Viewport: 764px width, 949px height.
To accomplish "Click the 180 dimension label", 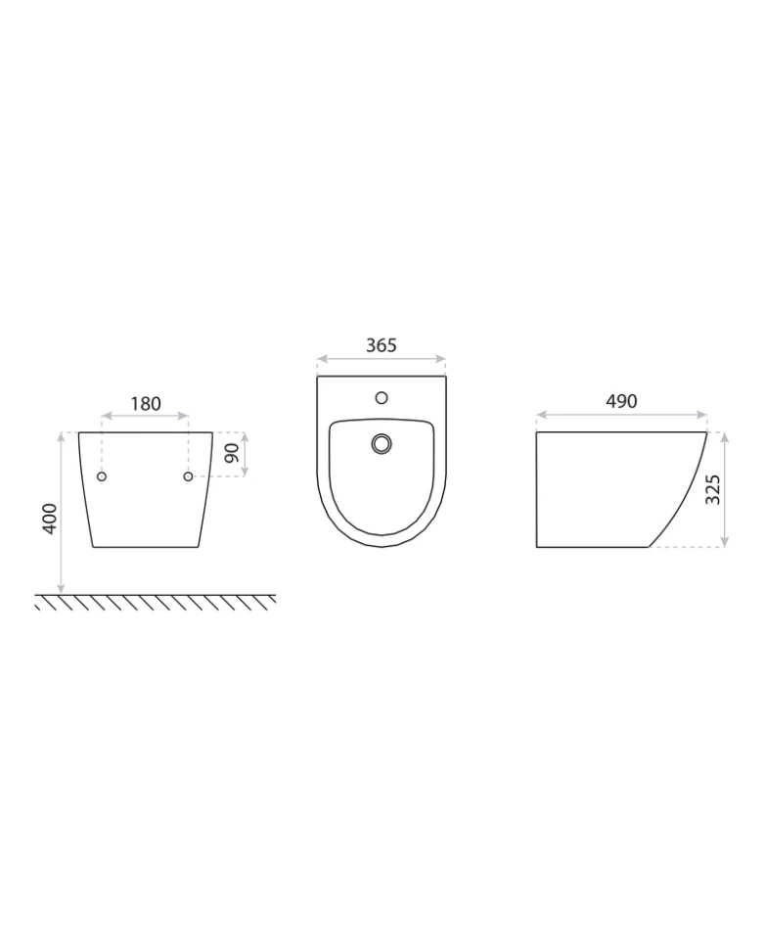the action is pos(146,404).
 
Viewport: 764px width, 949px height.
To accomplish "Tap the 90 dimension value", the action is pos(231,453).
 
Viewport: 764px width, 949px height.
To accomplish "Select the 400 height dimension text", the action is pos(50,519).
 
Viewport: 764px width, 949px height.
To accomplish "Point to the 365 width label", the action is pos(382,345).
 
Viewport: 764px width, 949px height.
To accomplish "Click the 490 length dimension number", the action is pos(621,401).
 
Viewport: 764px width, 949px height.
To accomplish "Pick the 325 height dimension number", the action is pos(713,489).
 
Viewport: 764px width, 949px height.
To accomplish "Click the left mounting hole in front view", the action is pos(102,476).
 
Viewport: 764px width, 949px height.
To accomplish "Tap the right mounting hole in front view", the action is pos(188,476).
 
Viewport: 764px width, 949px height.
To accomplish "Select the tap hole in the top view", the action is pos(382,397).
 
